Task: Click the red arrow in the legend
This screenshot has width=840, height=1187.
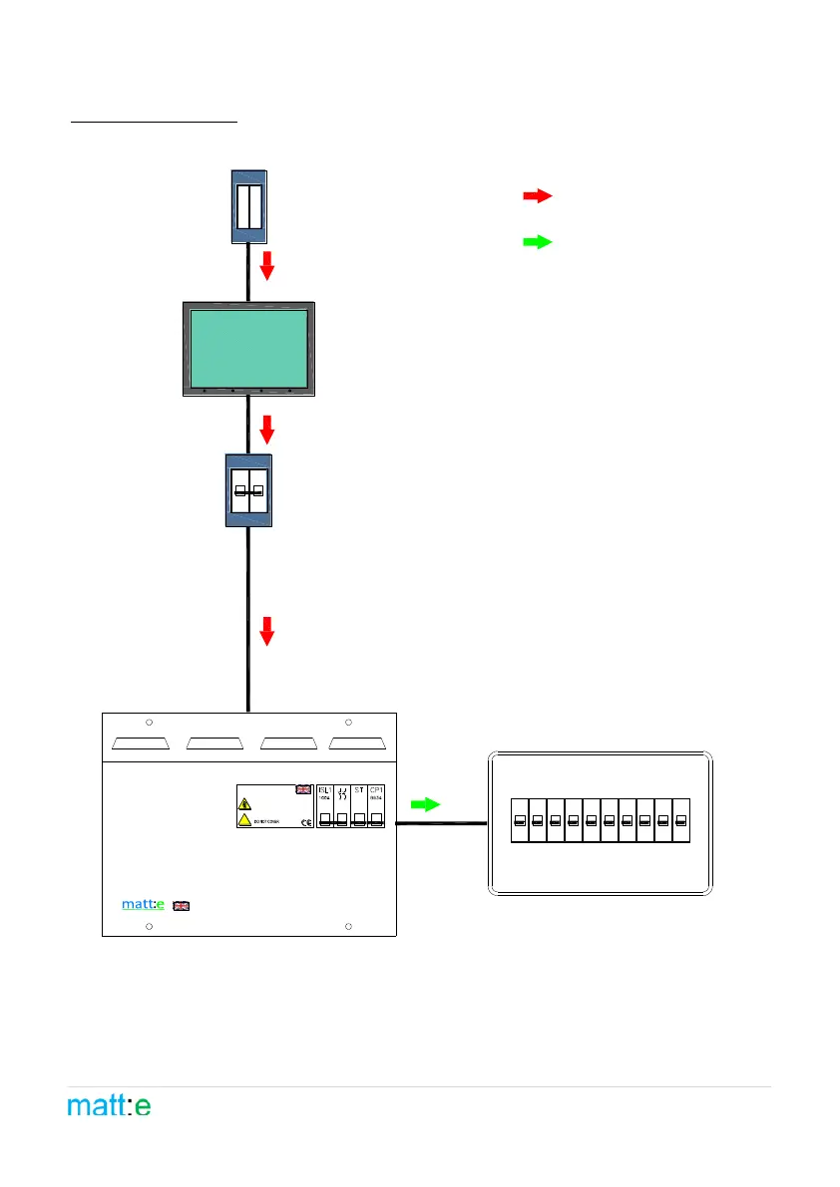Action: [538, 196]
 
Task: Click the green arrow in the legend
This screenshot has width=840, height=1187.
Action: [538, 242]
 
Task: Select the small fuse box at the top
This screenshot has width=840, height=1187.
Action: [248, 206]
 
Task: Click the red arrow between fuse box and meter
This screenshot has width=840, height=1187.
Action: [266, 266]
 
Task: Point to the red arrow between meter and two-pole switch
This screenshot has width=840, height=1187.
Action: [266, 429]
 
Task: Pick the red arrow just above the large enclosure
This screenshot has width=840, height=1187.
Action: [266, 631]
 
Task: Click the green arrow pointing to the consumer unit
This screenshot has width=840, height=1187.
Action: [426, 804]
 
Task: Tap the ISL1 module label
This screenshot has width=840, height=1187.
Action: [324, 789]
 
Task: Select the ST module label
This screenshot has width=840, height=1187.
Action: [359, 789]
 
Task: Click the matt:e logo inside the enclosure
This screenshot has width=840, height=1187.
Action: [144, 905]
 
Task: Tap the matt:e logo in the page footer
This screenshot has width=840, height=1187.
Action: [110, 1106]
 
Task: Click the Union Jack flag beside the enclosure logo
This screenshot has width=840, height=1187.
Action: [182, 906]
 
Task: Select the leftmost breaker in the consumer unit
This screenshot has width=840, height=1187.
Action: [520, 820]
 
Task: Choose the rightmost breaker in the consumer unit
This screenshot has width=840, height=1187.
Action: [681, 820]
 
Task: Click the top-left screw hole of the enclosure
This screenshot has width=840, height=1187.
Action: [149, 723]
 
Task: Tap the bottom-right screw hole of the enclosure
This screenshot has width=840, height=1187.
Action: [348, 927]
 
